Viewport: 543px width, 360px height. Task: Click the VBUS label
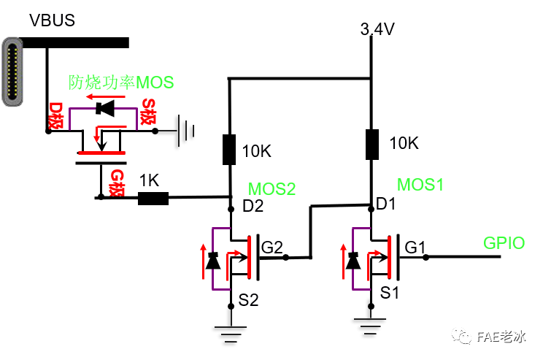coord(52,20)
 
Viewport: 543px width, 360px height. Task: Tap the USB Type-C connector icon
coord(13,73)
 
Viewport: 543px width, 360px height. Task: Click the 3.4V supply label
coord(377,30)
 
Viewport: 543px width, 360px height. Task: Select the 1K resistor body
coord(153,197)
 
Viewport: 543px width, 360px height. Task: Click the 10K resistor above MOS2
coord(230,149)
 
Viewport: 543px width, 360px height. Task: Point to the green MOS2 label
coord(271,189)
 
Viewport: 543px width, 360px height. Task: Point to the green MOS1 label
coord(420,184)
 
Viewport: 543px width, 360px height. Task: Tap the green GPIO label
coord(504,243)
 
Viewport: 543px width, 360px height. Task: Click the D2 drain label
coord(253,207)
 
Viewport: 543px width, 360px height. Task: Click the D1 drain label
coord(387,205)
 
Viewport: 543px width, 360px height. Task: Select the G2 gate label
coord(271,248)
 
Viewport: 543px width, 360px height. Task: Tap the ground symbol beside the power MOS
coord(189,131)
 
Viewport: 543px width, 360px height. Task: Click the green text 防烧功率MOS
coord(121,82)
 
